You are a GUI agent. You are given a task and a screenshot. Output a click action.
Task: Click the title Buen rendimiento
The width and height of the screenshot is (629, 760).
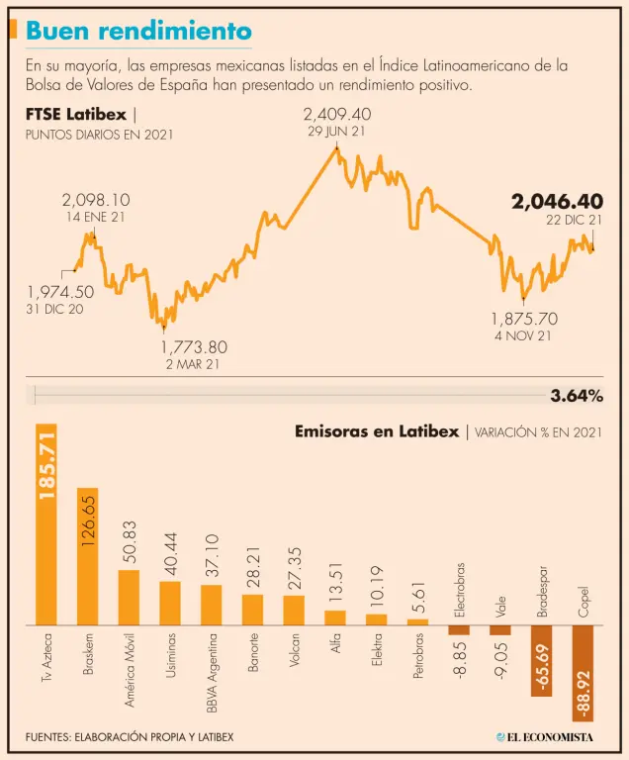[138, 31]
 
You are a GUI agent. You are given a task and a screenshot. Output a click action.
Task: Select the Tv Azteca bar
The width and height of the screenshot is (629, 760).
[46, 524]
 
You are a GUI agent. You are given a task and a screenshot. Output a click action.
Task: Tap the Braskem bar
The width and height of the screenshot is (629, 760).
[88, 556]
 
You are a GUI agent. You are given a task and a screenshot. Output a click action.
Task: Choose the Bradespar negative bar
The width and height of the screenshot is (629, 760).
[541, 661]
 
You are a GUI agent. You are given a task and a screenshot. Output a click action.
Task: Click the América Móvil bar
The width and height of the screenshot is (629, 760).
[130, 598]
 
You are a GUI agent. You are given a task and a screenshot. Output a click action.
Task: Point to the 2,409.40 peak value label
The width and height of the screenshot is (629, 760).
[336, 114]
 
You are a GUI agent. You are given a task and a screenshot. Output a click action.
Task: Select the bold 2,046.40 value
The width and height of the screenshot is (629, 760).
[557, 202]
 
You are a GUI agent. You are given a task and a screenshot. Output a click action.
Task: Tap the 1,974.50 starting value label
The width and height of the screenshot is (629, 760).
[60, 292]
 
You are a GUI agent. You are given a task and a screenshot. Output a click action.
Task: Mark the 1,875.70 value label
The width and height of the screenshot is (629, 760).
[524, 319]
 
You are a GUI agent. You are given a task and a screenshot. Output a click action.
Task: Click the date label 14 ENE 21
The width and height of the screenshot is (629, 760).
[96, 217]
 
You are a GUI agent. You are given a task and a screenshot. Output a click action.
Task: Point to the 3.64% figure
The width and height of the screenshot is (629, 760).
[576, 397]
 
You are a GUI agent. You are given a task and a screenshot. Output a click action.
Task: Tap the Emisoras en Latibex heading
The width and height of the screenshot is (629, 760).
[376, 431]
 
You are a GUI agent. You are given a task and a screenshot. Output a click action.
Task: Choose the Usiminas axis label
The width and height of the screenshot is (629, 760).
[171, 657]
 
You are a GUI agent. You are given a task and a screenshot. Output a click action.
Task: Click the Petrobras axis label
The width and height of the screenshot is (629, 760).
[418, 657]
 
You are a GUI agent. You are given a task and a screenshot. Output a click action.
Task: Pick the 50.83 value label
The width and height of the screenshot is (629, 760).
[130, 542]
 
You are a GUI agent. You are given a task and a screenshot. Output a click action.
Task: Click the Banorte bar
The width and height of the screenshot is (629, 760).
[253, 610]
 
